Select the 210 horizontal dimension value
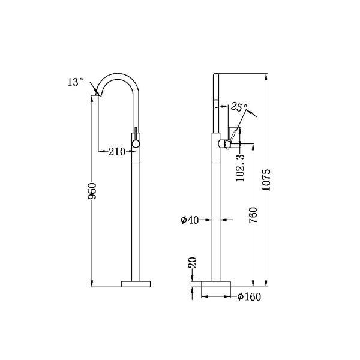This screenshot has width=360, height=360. point(117,152)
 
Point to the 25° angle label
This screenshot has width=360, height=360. point(239,107)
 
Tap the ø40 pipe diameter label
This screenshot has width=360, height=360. point(190,220)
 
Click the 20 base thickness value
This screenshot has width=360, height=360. point(192,262)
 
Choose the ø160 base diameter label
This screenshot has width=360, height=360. point(248,296)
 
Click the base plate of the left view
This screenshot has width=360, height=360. point(137,283)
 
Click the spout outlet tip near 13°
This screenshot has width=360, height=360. point(97,94)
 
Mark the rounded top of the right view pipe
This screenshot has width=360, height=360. point(217,77)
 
